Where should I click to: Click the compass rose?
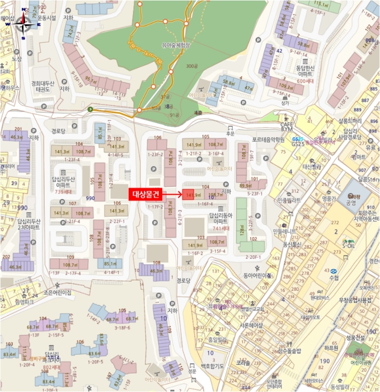click(x=24, y=24)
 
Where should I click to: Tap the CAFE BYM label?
click(x=287, y=125)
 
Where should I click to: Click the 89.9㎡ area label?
click(x=245, y=185)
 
